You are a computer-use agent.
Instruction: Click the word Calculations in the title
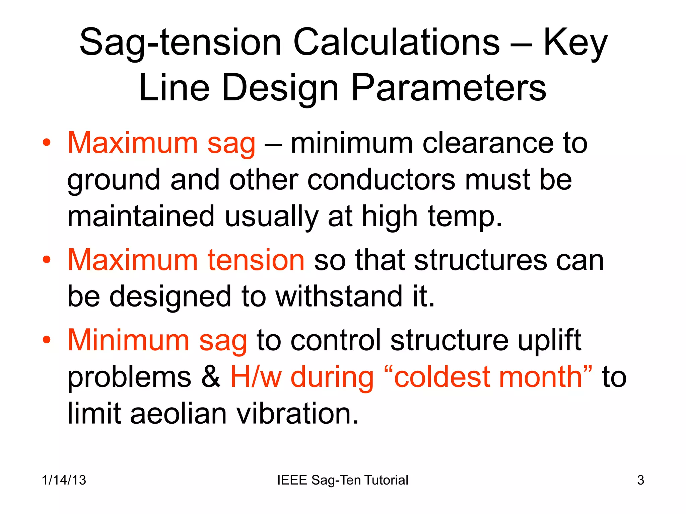[x=396, y=43]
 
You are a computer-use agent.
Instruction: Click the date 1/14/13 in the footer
[x=64, y=480]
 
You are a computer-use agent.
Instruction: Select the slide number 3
[x=640, y=480]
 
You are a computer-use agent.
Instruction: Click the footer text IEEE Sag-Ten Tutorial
[x=343, y=480]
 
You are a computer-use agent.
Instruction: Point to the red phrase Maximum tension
[x=186, y=260]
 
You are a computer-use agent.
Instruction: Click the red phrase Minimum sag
[x=157, y=340]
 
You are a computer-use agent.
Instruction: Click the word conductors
[x=382, y=180]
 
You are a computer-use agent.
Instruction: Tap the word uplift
[x=549, y=340]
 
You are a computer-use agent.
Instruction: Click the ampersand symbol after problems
[x=211, y=377]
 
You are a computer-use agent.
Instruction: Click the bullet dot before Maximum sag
[x=47, y=143]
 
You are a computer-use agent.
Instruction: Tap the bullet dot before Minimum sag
[x=47, y=340]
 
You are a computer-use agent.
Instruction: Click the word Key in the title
[x=575, y=43]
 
